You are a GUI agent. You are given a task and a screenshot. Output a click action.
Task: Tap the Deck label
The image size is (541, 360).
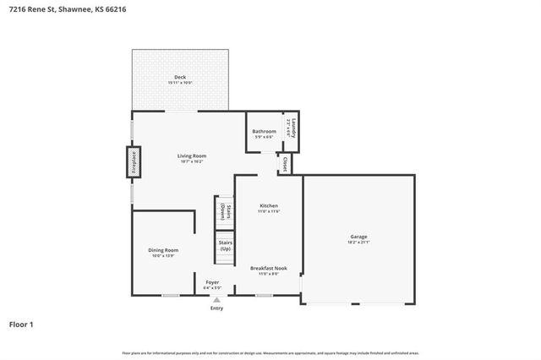coord(180,77)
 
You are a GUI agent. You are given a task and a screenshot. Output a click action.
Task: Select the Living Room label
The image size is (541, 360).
coord(192,155)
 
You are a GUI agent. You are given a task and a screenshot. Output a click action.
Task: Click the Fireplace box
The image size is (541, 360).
coord(134,162)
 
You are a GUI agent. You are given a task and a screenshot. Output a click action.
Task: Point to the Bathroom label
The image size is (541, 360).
coord(264,131)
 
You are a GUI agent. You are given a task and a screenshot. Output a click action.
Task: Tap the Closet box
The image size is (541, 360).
coord(285,162)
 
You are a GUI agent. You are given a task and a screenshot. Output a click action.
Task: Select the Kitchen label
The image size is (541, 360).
coord(269,205)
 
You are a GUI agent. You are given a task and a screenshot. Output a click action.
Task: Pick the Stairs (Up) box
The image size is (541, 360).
coord(225,246)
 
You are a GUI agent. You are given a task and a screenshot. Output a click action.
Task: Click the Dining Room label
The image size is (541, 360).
coord(164,250)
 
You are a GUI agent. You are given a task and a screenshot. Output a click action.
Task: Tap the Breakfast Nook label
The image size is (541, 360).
coord(268,268)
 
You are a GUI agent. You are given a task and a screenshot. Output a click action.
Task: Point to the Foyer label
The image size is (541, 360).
coord(212,282)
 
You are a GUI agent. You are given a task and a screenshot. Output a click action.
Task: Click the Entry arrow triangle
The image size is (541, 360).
coord(216,299)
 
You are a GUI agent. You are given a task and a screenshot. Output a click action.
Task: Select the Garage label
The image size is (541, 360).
coord(359,236)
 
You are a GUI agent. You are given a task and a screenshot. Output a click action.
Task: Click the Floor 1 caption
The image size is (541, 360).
coord(23,324)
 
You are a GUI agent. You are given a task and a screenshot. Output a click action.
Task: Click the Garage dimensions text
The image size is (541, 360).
coord(359,242)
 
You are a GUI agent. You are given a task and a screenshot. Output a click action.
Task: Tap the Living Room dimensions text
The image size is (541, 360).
coord(192,161)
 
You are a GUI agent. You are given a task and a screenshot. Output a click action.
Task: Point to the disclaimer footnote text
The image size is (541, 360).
coord(270,352)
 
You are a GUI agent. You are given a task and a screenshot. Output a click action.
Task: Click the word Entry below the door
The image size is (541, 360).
coord(216,308)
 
